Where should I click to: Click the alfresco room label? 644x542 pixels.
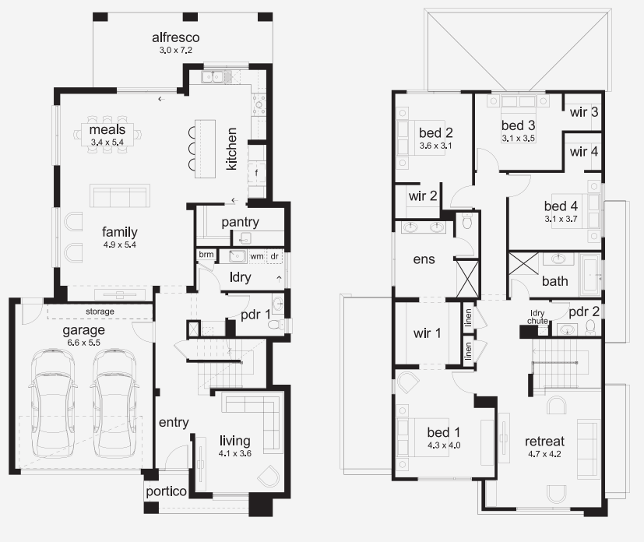pos(176,37)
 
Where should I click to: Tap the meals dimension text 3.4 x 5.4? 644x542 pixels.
pos(107,142)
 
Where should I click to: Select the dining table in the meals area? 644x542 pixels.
pos(107,134)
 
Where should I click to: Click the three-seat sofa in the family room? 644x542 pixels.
pos(119,195)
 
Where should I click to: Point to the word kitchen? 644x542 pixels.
pos(231,149)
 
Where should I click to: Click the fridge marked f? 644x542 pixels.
pos(257,173)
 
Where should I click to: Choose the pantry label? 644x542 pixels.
pos(241,222)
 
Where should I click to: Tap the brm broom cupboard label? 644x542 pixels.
pos(206,254)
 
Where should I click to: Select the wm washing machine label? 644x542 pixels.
pos(257,256)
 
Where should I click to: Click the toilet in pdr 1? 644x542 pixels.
pos(276,325)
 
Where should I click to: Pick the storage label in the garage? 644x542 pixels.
pos(100,311)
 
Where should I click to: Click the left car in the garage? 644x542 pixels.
pos(52,403)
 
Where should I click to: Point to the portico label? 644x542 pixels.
pos(166,491)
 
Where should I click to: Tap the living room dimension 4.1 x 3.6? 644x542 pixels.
pos(235,453)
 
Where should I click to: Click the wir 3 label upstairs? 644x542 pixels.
pos(584,112)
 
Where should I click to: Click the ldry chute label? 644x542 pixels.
pos(537,317)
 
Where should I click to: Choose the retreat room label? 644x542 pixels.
pos(544,442)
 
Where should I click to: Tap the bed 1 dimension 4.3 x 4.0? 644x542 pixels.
pos(444,445)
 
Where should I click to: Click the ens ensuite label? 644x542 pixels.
pos(424,259)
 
